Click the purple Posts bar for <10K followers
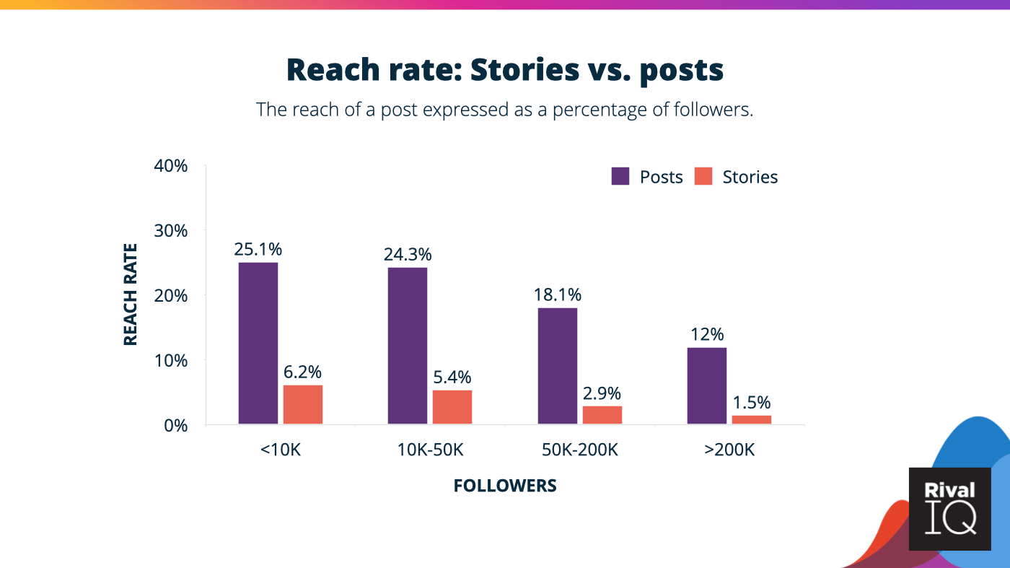[258, 343]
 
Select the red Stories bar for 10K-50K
[452, 406]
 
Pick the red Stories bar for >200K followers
[751, 419]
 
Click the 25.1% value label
[258, 250]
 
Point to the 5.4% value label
[452, 377]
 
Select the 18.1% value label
[557, 295]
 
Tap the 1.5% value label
[751, 403]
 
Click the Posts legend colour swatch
[620, 177]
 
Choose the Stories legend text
[750, 178]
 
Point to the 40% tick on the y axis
[171, 166]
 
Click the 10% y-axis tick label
[171, 360]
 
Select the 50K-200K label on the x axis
[579, 450]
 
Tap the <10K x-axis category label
[280, 450]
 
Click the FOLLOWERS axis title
[505, 486]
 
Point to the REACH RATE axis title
[131, 294]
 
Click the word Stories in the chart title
[524, 70]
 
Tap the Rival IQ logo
[949, 509]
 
